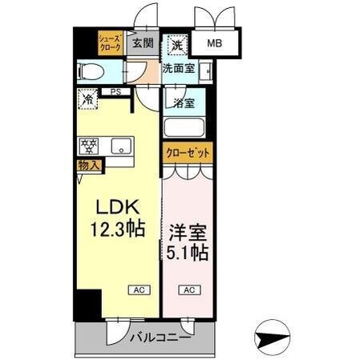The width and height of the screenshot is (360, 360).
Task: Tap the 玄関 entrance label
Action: pos(143,43)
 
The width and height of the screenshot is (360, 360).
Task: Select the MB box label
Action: pos(216,44)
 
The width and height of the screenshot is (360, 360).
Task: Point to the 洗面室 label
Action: pos(178,69)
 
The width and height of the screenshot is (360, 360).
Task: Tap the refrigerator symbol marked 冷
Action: pos(88,99)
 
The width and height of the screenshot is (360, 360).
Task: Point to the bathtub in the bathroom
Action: pos(184,127)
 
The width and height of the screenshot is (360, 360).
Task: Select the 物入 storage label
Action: pos(88,165)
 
